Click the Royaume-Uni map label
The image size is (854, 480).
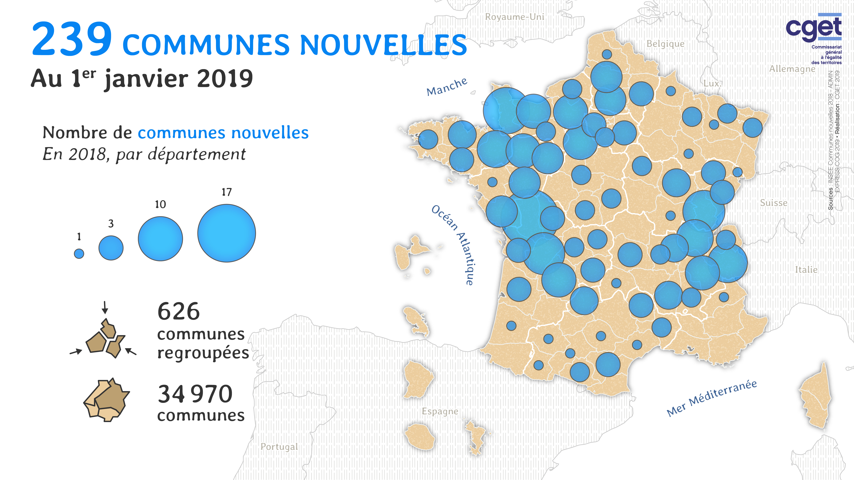pyautogui.click(x=515, y=17)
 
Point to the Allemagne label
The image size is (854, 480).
pyautogui.click(x=792, y=69)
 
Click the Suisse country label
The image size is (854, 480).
pyautogui.click(x=773, y=203)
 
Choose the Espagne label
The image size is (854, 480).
pyautogui.click(x=440, y=411)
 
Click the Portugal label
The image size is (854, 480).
pyautogui.click(x=279, y=447)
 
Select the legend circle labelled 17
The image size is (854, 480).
pyautogui.click(x=226, y=233)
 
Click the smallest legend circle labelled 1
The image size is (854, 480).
pyautogui.click(x=79, y=254)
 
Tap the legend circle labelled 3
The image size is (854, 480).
pyautogui.click(x=111, y=248)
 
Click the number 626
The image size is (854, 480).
pyautogui.click(x=179, y=312)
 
